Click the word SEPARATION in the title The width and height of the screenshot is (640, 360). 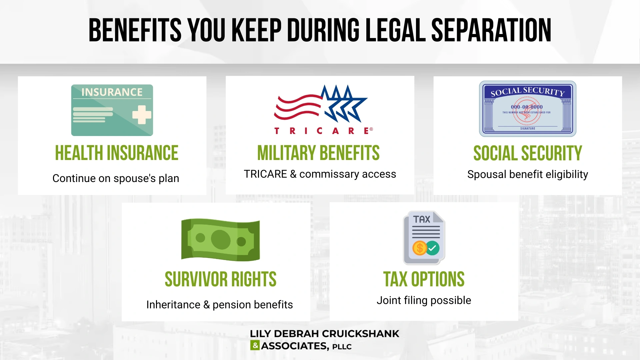491,30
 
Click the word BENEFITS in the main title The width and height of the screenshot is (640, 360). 135,30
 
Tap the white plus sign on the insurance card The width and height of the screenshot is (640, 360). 142,115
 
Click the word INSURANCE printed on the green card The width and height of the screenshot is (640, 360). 112,92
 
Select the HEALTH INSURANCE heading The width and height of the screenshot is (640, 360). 117,153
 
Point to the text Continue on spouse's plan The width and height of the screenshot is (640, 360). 116,178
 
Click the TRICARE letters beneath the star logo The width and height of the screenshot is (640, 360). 323,131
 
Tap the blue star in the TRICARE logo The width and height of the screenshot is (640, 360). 345,103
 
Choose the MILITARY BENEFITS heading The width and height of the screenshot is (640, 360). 318,153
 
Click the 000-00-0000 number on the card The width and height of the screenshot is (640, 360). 527,107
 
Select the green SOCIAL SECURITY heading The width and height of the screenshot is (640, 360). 528,153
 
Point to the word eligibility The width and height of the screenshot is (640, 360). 567,174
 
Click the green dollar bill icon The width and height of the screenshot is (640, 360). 220,240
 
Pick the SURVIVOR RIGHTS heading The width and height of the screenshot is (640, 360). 220,279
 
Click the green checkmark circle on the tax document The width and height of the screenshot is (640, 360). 432,248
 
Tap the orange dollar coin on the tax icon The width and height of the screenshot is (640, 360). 420,248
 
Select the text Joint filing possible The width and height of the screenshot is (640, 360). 424,300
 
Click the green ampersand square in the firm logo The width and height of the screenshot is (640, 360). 255,345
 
